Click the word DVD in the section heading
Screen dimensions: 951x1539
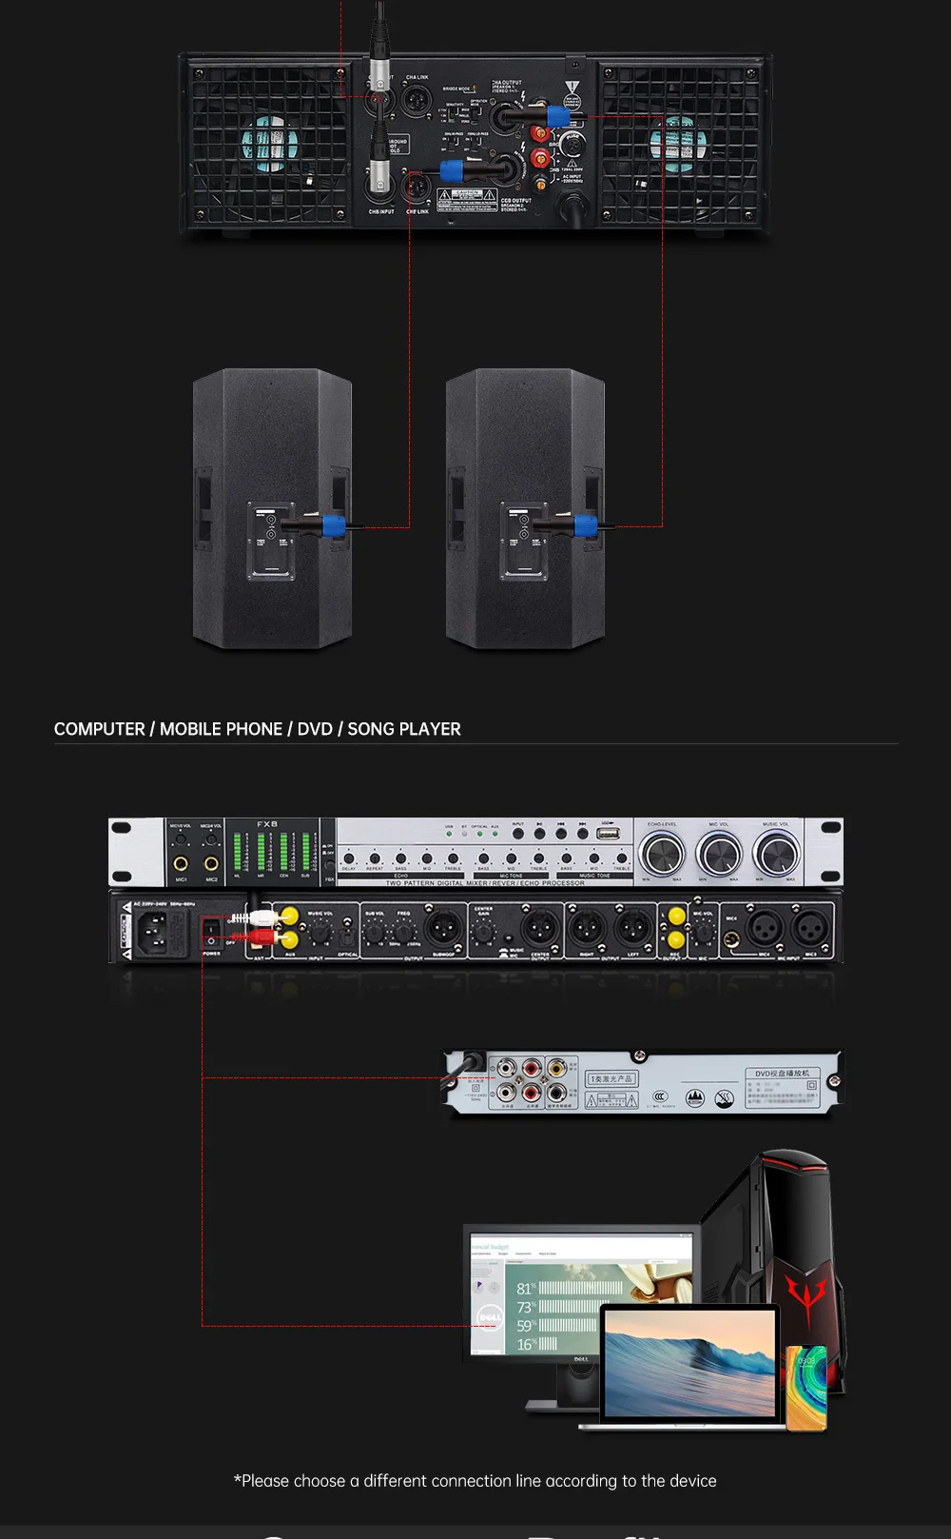click(x=315, y=729)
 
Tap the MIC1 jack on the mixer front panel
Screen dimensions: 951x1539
click(x=181, y=863)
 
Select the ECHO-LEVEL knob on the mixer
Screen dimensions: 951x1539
click(x=661, y=853)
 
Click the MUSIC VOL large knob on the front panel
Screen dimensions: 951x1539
click(x=777, y=853)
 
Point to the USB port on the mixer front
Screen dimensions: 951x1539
click(x=608, y=834)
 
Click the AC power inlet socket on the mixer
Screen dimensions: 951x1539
click(x=158, y=931)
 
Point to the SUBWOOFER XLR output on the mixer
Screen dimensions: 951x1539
click(x=443, y=925)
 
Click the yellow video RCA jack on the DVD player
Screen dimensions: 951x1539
click(x=556, y=1069)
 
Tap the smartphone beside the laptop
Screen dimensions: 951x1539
click(x=805, y=1387)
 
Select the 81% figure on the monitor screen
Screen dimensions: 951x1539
click(x=526, y=1289)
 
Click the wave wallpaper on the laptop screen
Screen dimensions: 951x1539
click(x=689, y=1362)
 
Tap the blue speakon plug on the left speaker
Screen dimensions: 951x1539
click(x=333, y=524)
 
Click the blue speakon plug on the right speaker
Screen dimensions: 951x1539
click(x=586, y=524)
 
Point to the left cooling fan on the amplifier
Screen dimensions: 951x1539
click(x=269, y=144)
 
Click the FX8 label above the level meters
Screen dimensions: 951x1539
click(x=267, y=824)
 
